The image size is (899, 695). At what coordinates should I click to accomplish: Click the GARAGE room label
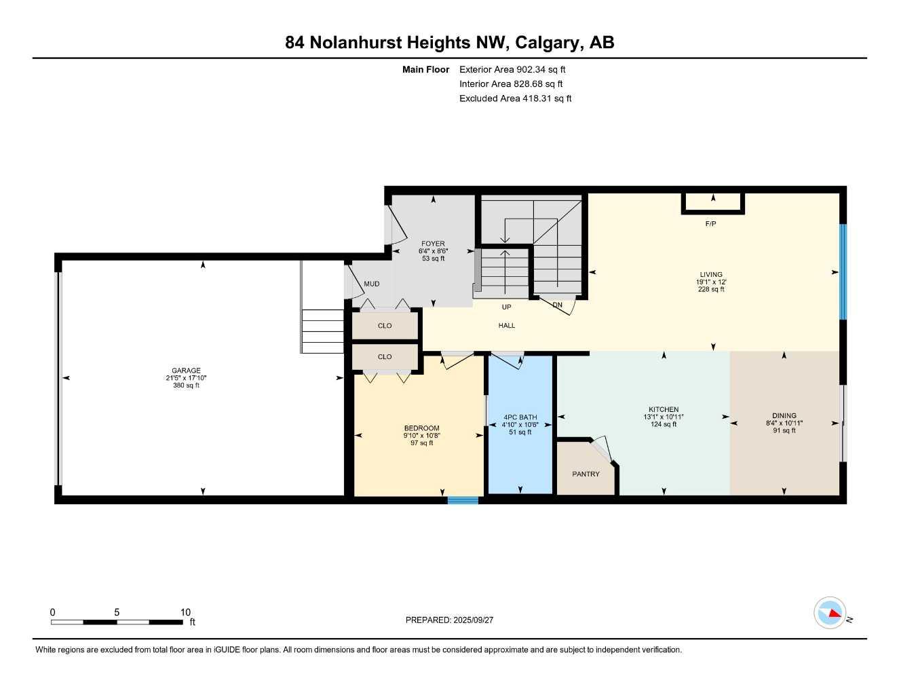pyautogui.click(x=186, y=371)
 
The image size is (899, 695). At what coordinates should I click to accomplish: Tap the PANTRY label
pyautogui.click(x=586, y=474)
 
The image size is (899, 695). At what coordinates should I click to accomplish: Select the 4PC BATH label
pyautogui.click(x=520, y=417)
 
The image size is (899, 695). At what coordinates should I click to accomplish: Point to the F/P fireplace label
pyautogui.click(x=710, y=224)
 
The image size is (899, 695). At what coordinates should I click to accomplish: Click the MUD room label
pyautogui.click(x=371, y=284)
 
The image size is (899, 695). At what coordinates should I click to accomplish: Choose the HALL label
pyautogui.click(x=506, y=326)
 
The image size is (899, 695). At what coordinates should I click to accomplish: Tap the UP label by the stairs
pyautogui.click(x=506, y=307)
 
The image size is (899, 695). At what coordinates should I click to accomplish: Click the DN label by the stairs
pyautogui.click(x=557, y=305)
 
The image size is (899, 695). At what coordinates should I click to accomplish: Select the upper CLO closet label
pyautogui.click(x=385, y=326)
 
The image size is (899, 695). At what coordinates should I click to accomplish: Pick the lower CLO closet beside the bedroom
pyautogui.click(x=385, y=356)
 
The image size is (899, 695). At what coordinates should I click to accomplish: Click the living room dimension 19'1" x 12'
pyautogui.click(x=711, y=282)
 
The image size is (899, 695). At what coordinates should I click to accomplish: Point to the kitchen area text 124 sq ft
pyautogui.click(x=664, y=425)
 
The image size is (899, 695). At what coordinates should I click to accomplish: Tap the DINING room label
pyautogui.click(x=784, y=415)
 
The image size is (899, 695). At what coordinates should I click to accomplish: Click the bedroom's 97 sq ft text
pyautogui.click(x=421, y=443)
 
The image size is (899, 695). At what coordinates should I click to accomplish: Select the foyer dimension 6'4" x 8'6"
pyautogui.click(x=433, y=251)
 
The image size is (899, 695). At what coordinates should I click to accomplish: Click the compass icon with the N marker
pyautogui.click(x=830, y=613)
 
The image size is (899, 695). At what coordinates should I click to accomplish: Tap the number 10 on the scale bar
pyautogui.click(x=185, y=612)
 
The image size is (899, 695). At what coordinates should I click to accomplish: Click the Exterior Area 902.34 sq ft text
pyautogui.click(x=512, y=69)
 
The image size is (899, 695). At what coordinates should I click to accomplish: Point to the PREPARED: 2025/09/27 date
pyautogui.click(x=449, y=620)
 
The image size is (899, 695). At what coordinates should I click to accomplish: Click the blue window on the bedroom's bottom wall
pyautogui.click(x=463, y=501)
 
